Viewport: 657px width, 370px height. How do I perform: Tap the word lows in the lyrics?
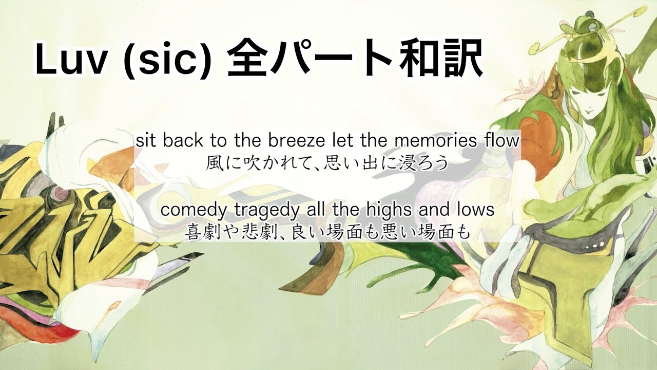point(477,210)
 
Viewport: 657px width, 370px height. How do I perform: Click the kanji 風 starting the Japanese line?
point(214,163)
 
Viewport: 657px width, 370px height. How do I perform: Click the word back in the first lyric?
point(182,141)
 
